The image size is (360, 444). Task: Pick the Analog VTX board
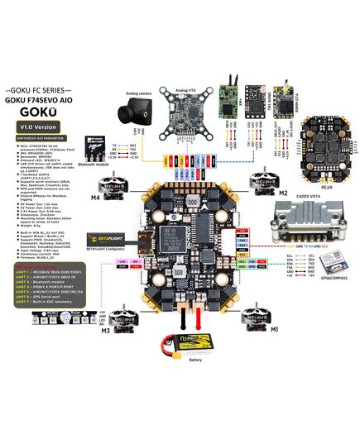coord(184,115)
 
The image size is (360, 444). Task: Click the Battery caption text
coord(196,360)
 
